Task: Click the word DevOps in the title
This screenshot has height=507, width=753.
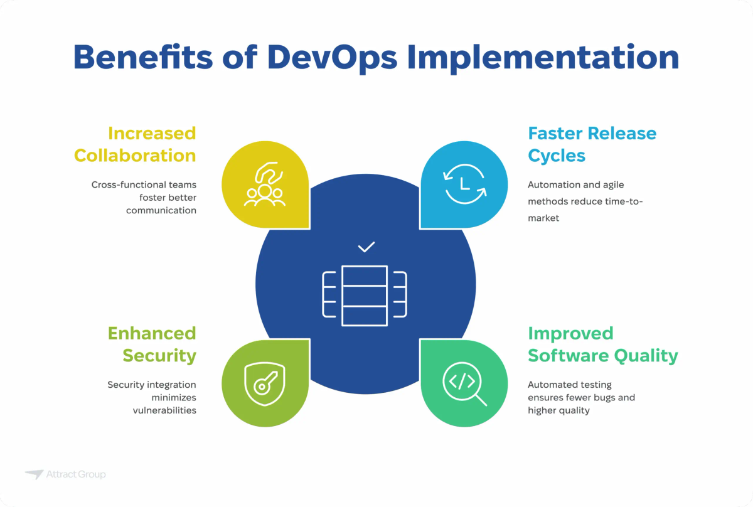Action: [x=332, y=57]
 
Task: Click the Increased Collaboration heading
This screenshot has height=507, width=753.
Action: [x=135, y=144]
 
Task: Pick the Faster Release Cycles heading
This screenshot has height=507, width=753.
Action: [x=592, y=144]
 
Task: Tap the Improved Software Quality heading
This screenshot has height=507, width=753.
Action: [x=602, y=344]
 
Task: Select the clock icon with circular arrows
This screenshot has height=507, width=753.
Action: [x=465, y=184]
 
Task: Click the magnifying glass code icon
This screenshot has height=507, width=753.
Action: [x=465, y=383]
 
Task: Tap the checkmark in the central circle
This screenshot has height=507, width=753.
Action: [x=366, y=247]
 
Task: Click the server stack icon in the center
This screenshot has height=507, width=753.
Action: [x=365, y=296]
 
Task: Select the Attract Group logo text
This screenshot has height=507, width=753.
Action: [x=76, y=474]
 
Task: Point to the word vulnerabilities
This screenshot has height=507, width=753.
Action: [x=164, y=410]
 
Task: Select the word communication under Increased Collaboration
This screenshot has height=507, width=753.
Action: [x=161, y=210]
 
